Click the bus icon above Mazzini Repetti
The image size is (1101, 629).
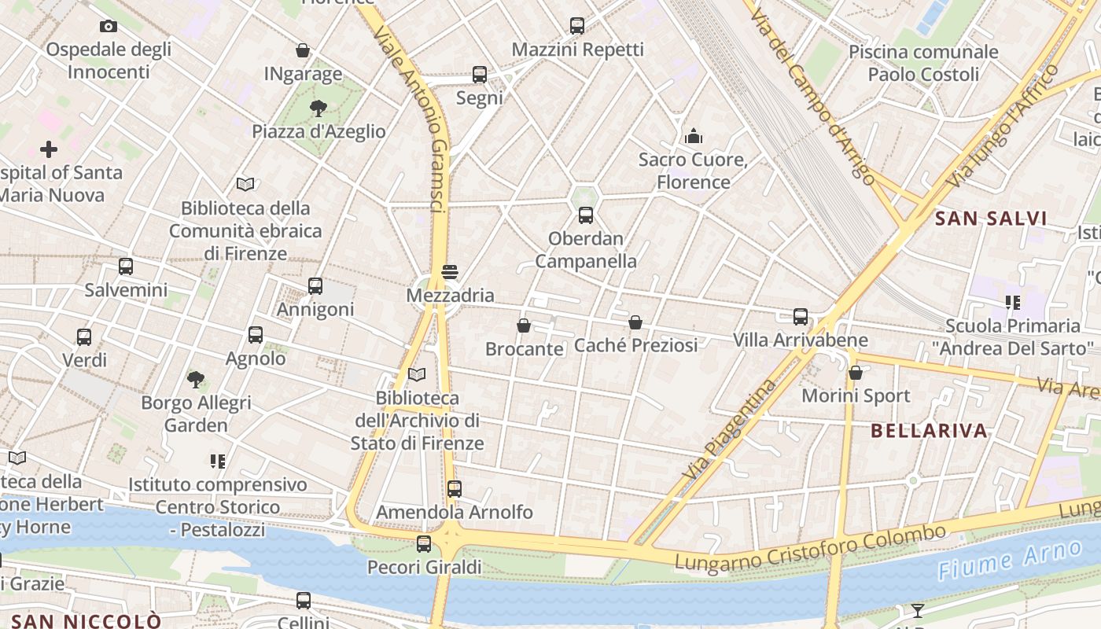click(577, 26)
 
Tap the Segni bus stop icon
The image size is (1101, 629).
click(480, 75)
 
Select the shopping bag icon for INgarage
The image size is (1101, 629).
click(303, 51)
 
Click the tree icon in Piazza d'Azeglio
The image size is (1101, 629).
click(319, 108)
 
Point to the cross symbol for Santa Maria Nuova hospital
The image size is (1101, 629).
click(49, 149)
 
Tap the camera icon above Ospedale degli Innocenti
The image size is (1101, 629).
click(109, 26)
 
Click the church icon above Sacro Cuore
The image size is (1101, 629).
click(693, 136)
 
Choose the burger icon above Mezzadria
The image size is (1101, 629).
click(450, 272)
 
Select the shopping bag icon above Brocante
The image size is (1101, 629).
click(524, 325)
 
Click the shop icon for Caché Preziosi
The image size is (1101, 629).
click(635, 322)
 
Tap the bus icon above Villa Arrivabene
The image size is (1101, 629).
click(801, 317)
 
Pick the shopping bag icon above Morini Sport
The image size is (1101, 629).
click(856, 373)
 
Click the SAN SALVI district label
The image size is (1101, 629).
click(991, 219)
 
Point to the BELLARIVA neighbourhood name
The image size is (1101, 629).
click(929, 431)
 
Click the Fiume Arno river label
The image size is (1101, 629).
click(1010, 561)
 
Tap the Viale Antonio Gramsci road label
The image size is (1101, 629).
click(412, 118)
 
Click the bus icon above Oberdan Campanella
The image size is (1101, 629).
click(586, 215)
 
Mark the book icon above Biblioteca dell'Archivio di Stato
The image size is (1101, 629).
click(417, 375)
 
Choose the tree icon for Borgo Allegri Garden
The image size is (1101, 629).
click(196, 380)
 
